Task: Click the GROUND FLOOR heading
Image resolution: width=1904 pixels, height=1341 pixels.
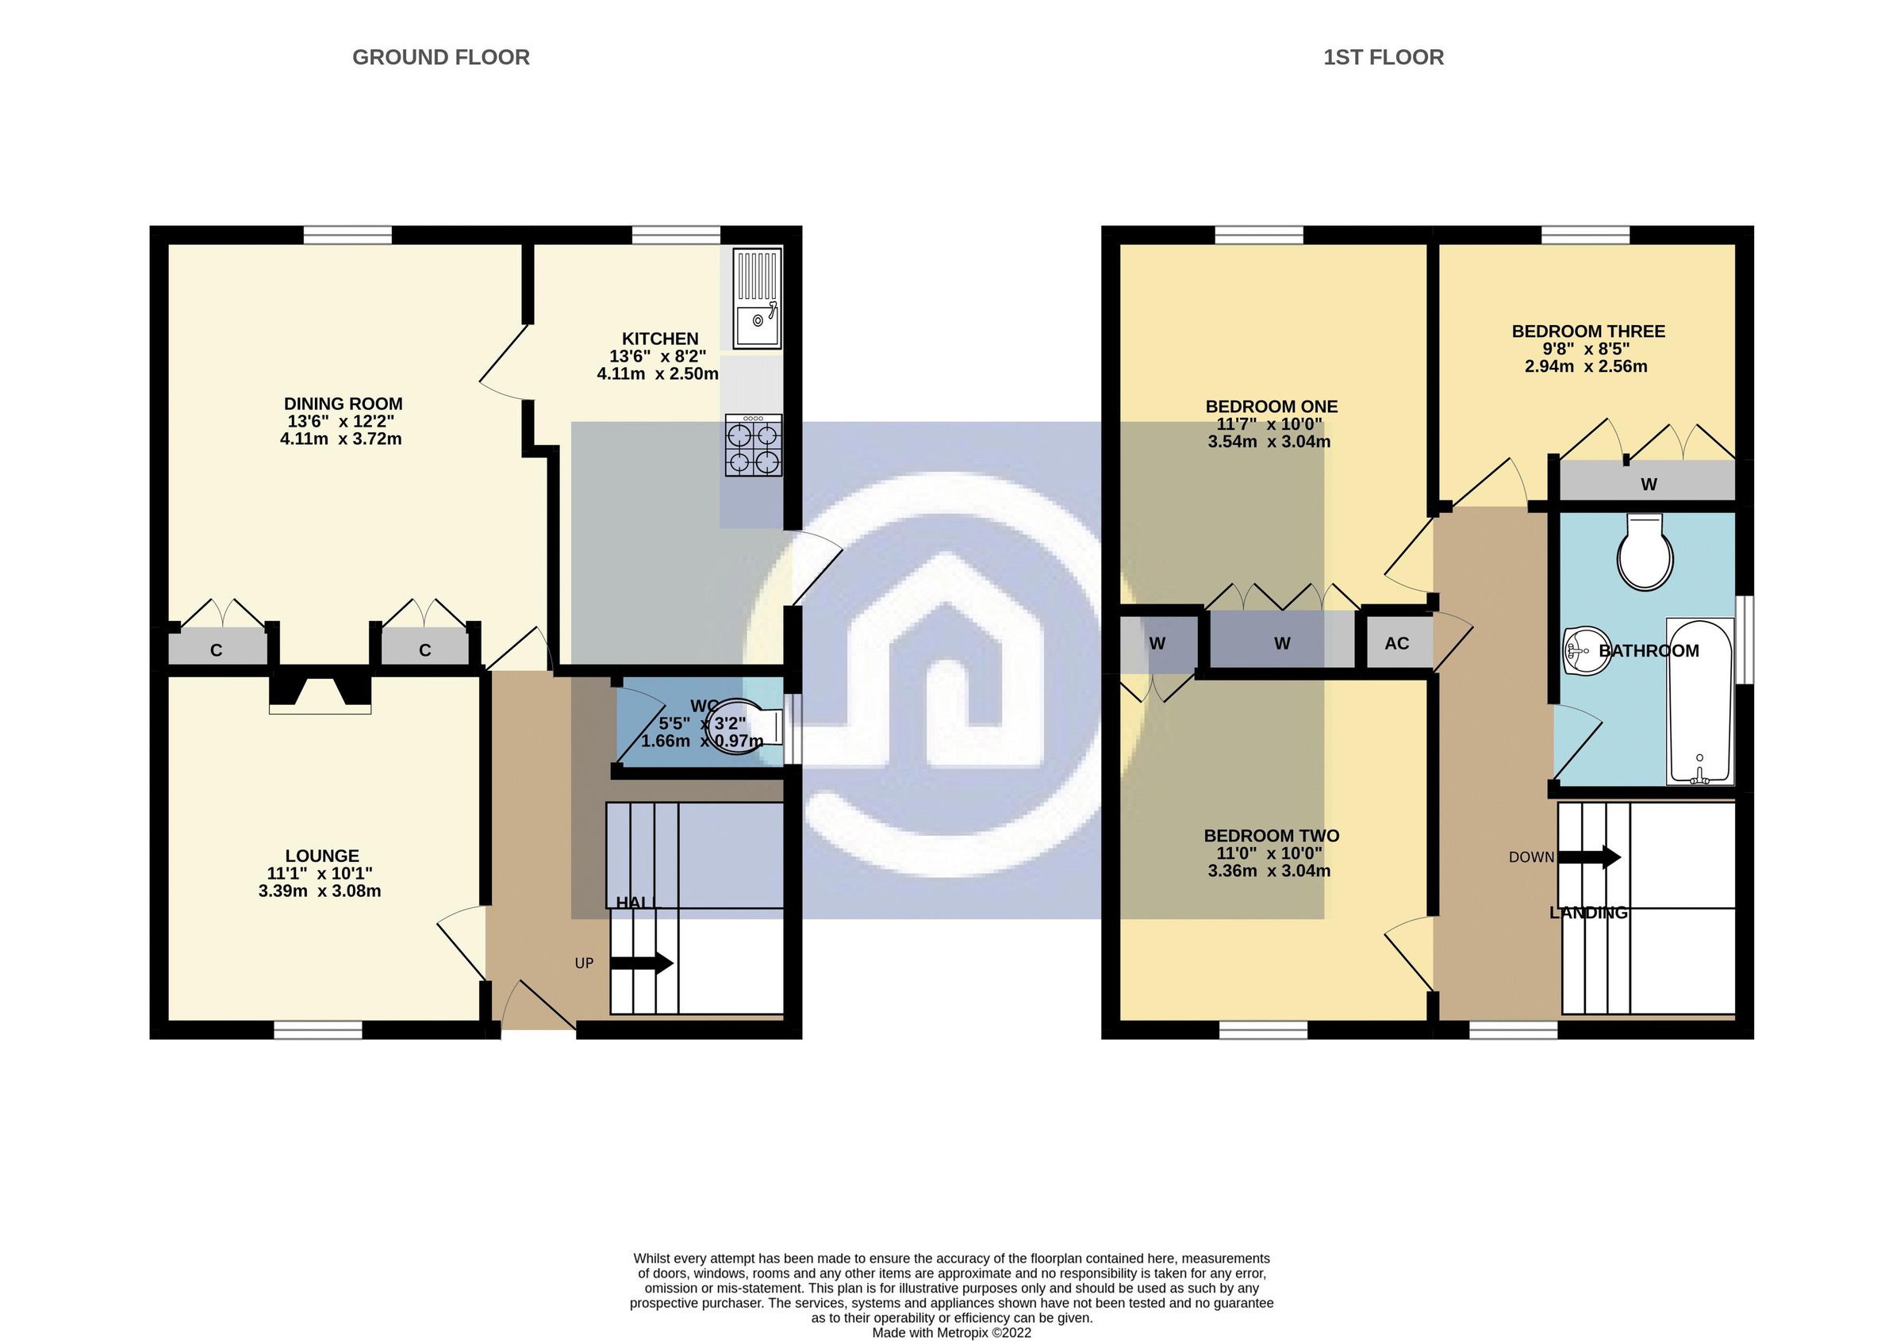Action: [440, 57]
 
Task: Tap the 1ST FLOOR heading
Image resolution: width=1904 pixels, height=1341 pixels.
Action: [1383, 57]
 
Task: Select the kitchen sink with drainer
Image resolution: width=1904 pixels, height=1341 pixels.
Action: [757, 298]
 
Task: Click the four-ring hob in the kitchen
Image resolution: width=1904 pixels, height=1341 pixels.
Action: [753, 446]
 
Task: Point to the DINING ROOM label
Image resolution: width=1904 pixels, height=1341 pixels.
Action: [343, 404]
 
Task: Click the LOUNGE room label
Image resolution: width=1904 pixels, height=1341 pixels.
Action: [322, 856]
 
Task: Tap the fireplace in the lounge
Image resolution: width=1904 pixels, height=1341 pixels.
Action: [320, 691]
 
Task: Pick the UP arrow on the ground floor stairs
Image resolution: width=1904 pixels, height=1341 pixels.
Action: [643, 963]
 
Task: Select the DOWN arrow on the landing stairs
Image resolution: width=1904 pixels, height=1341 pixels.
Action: [1590, 857]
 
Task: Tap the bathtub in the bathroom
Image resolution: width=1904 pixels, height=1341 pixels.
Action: [1699, 700]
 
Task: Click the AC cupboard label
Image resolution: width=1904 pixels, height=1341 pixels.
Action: [1396, 643]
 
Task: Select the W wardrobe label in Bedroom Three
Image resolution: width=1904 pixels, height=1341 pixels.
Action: [1648, 485]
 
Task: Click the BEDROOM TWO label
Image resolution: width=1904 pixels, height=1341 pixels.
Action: [1271, 835]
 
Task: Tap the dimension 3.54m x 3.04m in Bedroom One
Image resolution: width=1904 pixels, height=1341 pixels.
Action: [1269, 442]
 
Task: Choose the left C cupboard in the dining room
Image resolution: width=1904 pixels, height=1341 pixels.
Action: [217, 649]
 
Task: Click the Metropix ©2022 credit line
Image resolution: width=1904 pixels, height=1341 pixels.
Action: [951, 1333]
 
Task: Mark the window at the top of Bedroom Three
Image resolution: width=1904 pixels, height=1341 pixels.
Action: [1585, 236]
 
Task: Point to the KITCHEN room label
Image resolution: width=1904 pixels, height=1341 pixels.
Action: [660, 338]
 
